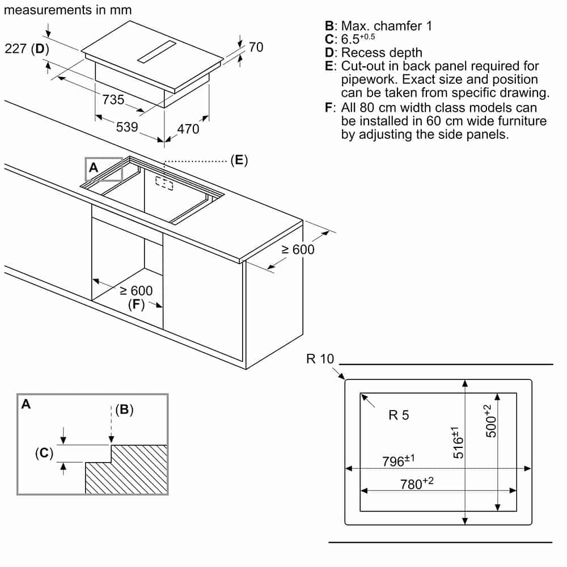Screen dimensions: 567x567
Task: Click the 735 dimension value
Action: pos(113,99)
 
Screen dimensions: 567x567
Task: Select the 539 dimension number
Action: pos(127,127)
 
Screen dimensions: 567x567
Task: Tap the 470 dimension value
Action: pos(188,129)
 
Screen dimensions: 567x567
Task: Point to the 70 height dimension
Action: pos(256,47)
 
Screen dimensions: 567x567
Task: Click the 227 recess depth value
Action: pos(15,48)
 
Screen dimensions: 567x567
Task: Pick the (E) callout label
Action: pos(239,160)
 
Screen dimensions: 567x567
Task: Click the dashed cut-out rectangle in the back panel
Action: pos(164,183)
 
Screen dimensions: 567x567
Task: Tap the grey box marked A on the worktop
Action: pos(104,169)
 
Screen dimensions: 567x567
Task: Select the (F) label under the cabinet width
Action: pos(136,304)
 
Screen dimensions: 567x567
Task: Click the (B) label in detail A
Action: pos(124,409)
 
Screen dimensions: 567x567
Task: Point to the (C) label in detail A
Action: pos(44,452)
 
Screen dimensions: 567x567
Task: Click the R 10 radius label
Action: pos(320,359)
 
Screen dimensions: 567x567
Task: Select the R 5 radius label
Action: pos(399,415)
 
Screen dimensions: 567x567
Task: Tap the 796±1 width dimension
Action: pos(399,460)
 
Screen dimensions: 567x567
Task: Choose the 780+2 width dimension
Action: pos(417,484)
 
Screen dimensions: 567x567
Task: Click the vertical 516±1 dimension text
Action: pos(458,443)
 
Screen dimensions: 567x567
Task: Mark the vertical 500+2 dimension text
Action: pos(490,421)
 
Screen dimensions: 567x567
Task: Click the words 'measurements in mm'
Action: pos(67,10)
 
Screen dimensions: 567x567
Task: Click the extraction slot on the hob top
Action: pos(157,52)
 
